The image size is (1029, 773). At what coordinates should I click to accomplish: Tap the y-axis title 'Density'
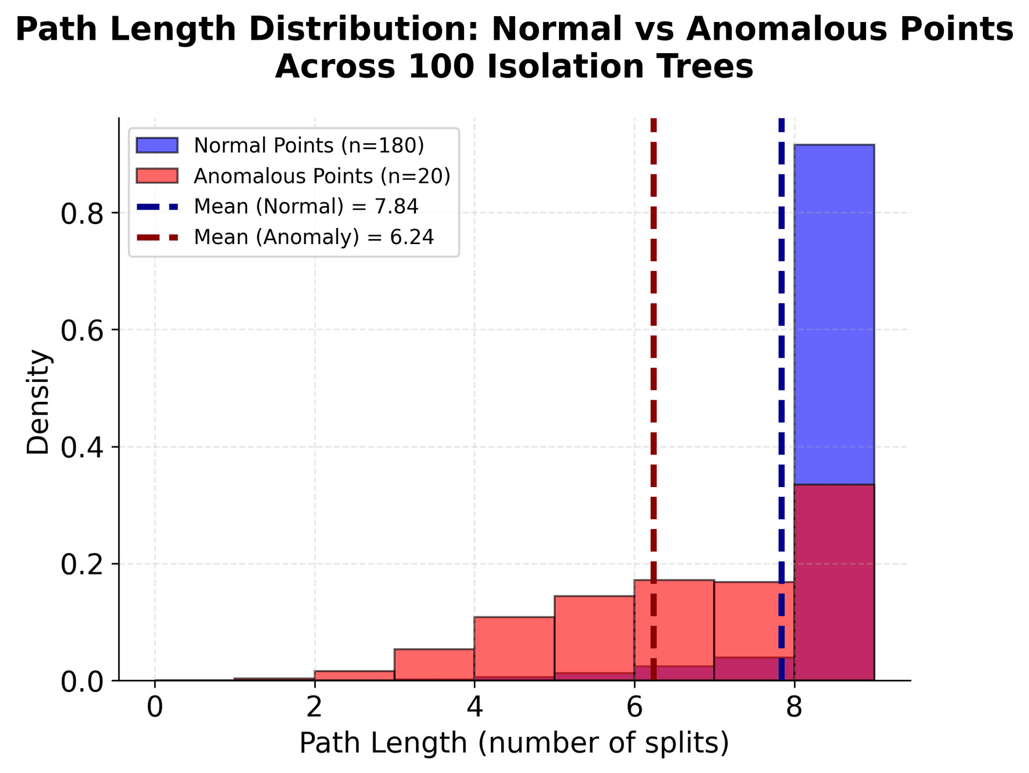39,402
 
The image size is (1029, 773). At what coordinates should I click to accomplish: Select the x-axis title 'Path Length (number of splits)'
514,743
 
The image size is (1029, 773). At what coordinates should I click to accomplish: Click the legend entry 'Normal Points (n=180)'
309,145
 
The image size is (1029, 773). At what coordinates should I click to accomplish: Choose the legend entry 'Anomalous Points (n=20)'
322,176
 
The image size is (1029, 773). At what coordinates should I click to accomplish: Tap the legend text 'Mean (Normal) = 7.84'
306,207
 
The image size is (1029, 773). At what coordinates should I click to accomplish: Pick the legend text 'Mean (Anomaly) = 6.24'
314,237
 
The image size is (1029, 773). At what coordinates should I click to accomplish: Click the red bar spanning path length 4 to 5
514,646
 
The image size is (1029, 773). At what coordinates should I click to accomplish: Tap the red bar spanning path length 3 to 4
434,664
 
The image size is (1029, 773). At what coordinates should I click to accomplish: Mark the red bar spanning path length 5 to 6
594,633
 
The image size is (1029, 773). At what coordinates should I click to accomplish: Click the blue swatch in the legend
156,145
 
